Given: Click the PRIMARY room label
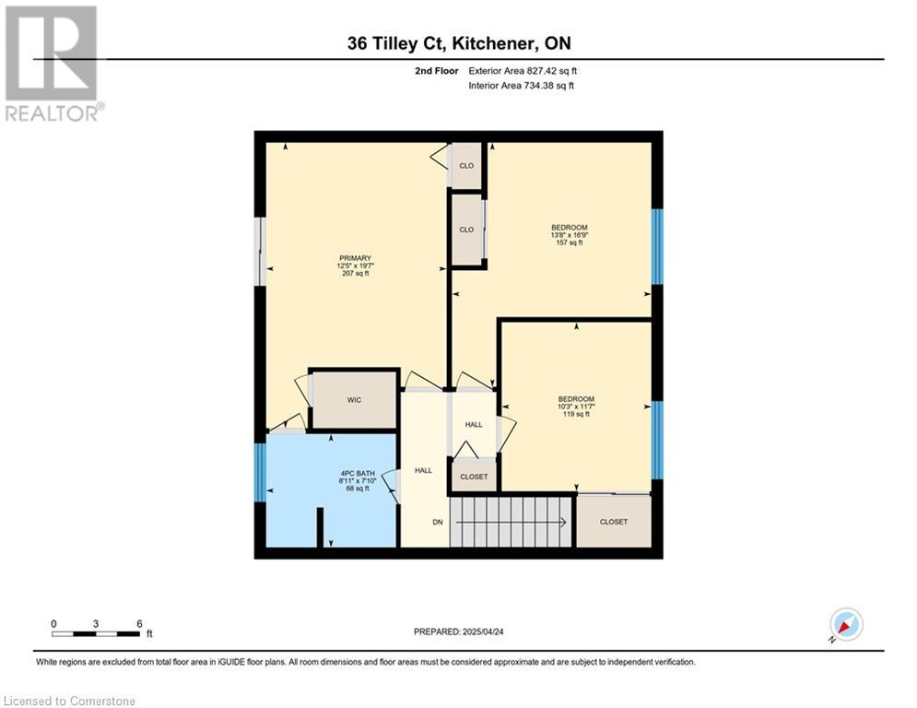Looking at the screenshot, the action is click(x=355, y=258).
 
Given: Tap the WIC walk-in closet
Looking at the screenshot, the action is click(x=354, y=400).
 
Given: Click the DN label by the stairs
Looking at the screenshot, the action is click(x=438, y=522).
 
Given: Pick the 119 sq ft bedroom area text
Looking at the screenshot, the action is click(x=576, y=414).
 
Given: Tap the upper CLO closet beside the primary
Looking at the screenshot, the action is click(x=466, y=166).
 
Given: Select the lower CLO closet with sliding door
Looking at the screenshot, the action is click(x=466, y=230).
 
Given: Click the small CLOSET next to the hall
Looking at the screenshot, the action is click(x=474, y=477).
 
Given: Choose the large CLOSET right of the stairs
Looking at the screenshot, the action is click(x=614, y=522).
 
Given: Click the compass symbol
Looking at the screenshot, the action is click(x=846, y=624).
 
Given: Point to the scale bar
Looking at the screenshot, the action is click(x=96, y=633).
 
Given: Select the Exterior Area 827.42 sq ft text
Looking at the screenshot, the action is click(x=523, y=71).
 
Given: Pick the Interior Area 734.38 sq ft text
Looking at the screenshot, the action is click(x=521, y=86).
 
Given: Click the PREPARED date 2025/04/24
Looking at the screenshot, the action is click(x=459, y=631).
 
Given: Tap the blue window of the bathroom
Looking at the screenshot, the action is click(x=260, y=472).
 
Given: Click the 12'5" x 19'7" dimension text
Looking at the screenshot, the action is click(x=355, y=265).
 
